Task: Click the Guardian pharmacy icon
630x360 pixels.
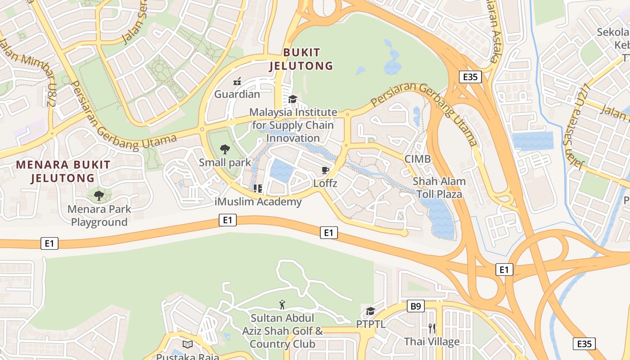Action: [237, 82]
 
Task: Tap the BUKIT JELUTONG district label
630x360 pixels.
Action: [301, 59]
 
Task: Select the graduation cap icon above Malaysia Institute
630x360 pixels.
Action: [293, 99]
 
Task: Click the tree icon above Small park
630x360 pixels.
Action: [225, 149]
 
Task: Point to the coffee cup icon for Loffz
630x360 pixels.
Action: [325, 170]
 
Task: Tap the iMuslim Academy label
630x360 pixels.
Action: [258, 202]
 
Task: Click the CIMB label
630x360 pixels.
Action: [417, 159]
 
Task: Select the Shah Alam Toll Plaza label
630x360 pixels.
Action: [439, 188]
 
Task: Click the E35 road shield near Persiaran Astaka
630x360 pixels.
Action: [470, 77]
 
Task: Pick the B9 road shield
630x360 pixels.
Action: [416, 306]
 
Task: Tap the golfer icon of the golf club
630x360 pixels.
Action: [282, 305]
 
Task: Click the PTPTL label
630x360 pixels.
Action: [371, 324]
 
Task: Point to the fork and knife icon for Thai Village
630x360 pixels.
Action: [432, 328]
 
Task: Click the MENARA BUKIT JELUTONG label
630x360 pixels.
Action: [63, 171]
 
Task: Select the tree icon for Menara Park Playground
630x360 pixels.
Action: [99, 196]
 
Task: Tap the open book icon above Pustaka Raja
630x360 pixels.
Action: [188, 344]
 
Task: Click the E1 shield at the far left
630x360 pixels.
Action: [49, 243]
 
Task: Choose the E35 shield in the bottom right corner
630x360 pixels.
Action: [584, 344]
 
